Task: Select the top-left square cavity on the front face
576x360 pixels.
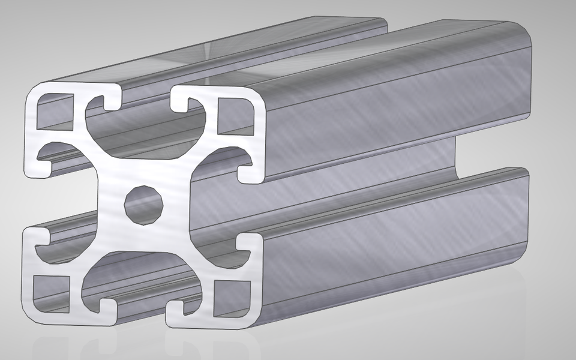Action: pyautogui.click(x=50, y=114)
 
